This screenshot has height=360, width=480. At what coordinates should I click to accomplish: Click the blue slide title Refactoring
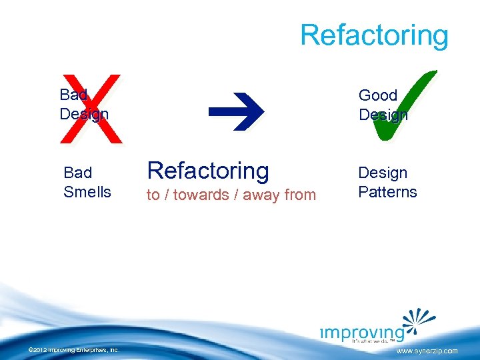[374, 35]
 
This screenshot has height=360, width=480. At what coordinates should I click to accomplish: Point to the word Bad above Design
[73, 95]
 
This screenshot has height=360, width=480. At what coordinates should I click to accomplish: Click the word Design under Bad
[84, 114]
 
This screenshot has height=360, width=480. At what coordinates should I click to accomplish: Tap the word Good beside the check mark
[377, 95]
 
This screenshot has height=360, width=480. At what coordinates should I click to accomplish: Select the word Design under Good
[383, 115]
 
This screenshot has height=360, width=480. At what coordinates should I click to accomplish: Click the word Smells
[87, 192]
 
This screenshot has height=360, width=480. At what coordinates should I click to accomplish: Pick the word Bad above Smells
[77, 173]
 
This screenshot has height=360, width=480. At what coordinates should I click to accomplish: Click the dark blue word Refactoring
[208, 171]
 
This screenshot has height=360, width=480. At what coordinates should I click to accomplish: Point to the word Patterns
[387, 192]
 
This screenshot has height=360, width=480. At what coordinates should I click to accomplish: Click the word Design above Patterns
[383, 173]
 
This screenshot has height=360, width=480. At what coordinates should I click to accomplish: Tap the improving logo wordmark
[360, 333]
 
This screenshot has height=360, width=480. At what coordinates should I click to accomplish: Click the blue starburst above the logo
[417, 319]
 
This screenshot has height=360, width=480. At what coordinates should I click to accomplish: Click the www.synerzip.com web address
[427, 351]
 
